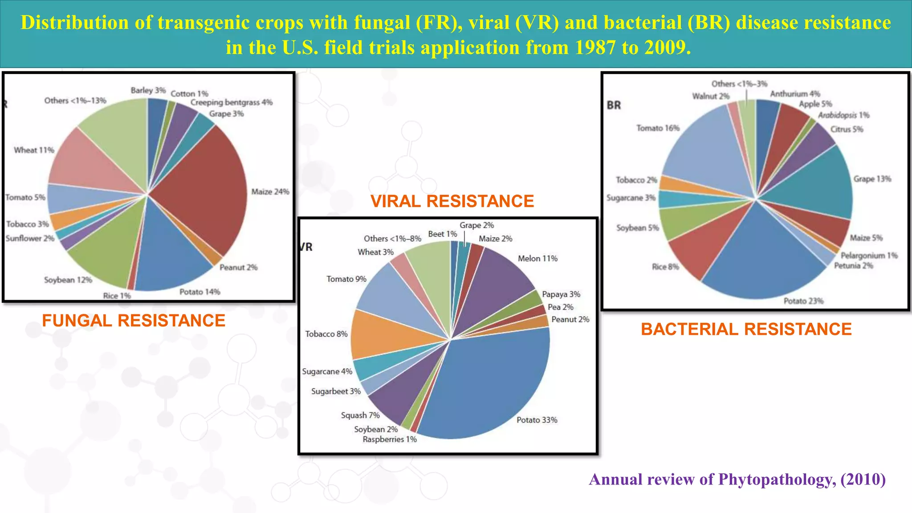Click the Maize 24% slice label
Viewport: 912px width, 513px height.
(x=270, y=192)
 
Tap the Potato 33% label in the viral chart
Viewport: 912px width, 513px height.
(x=537, y=420)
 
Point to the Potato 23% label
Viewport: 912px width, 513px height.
(x=803, y=301)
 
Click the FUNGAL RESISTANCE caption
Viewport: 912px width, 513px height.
(x=134, y=321)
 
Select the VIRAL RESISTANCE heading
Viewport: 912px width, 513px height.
(x=452, y=201)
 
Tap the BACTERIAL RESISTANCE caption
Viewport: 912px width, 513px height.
(x=746, y=329)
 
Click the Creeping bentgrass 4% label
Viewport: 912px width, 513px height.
(x=231, y=102)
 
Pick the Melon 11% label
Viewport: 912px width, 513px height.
(x=537, y=259)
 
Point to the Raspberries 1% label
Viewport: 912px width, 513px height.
(x=389, y=440)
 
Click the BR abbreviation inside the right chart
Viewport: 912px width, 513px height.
(x=614, y=106)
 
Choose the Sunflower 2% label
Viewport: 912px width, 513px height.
(x=30, y=239)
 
